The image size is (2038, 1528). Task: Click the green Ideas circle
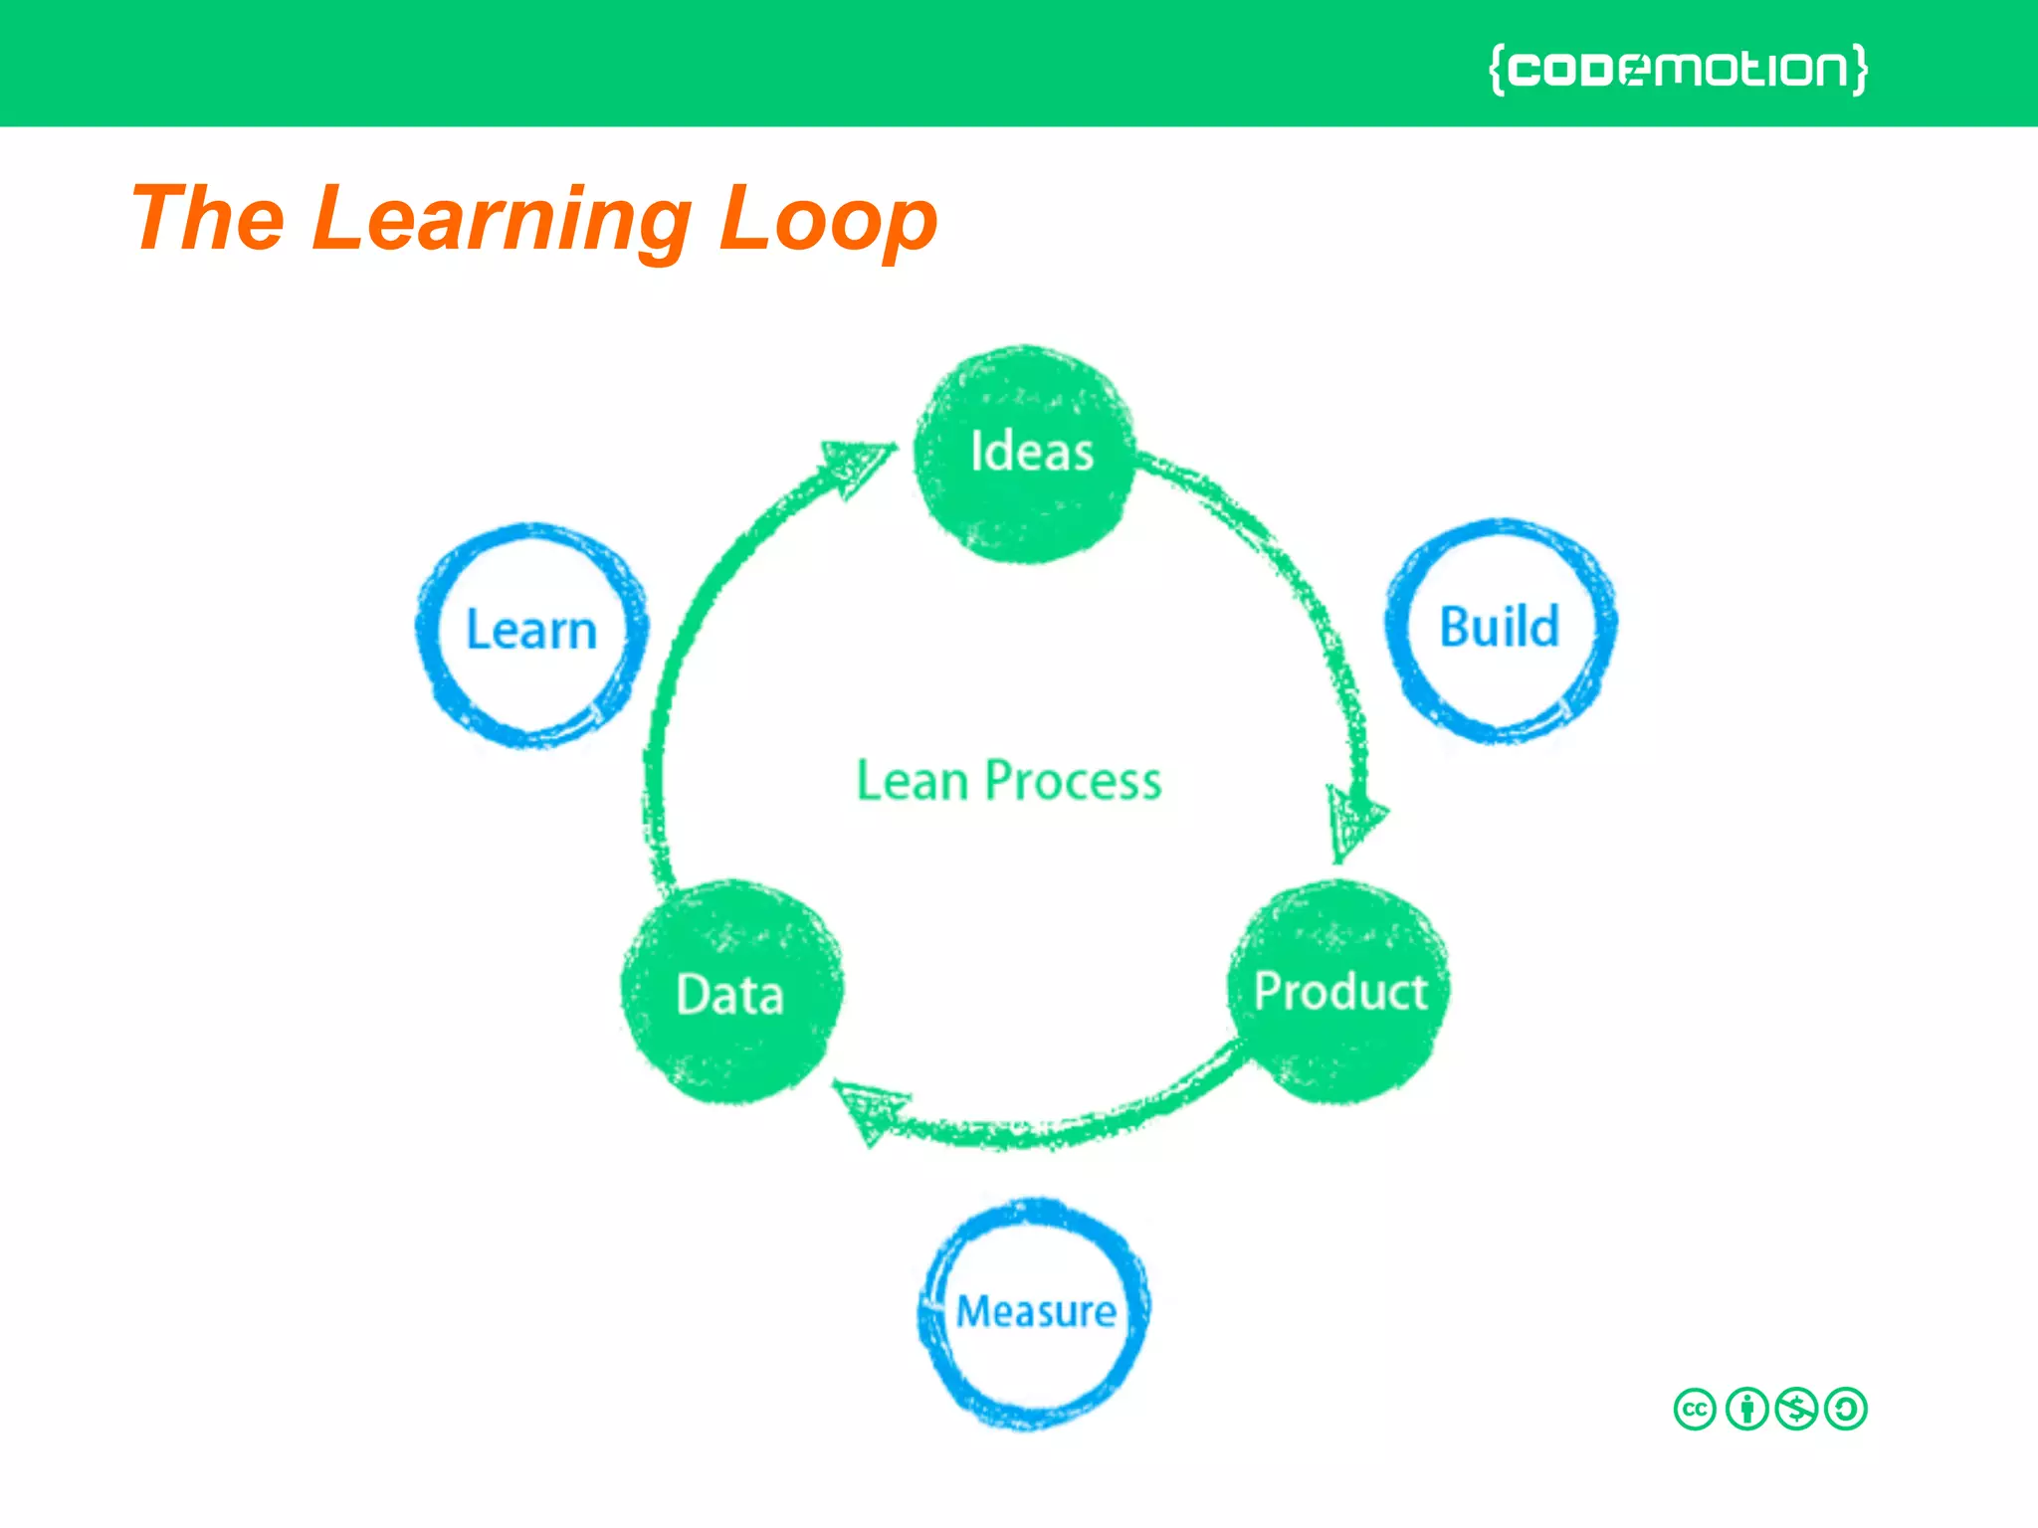[1025, 455]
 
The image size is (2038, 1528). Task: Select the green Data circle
[732, 993]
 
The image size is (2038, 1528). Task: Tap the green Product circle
[1339, 992]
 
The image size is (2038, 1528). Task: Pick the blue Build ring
[1501, 630]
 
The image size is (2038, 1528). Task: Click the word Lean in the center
[912, 781]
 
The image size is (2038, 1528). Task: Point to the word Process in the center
[1073, 781]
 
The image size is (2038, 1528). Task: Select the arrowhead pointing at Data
[868, 1110]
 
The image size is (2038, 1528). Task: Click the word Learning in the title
[502, 221]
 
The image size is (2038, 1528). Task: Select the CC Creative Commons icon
[1695, 1409]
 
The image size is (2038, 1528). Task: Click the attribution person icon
[1746, 1409]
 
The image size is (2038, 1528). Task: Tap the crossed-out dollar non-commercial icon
[1797, 1409]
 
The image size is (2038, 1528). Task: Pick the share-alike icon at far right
[1847, 1409]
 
